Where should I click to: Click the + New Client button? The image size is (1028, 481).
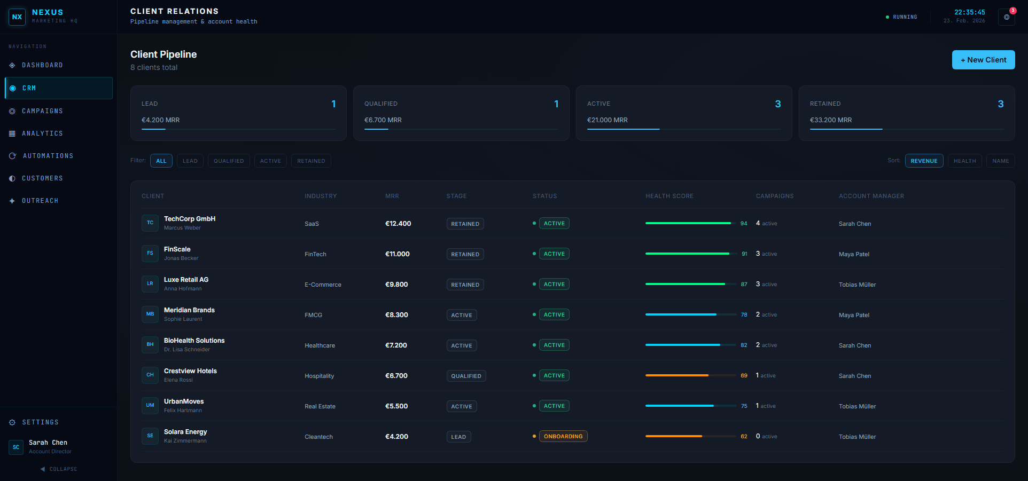coord(983,60)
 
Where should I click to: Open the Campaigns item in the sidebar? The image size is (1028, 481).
coord(42,111)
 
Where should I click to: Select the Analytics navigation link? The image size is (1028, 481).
coord(42,133)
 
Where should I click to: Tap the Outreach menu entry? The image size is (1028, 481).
coord(40,201)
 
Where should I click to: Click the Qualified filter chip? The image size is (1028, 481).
coord(229,161)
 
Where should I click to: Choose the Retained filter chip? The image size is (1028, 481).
coord(311,161)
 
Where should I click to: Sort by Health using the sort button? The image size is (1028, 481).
coord(964,161)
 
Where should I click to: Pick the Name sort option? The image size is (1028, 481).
coord(1000,161)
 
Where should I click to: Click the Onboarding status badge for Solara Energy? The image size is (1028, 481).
coord(563,436)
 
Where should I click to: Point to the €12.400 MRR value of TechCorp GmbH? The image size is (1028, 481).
coord(398,224)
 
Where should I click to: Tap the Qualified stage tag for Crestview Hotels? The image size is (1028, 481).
coord(466,376)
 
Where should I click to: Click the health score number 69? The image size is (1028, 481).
coord(744,376)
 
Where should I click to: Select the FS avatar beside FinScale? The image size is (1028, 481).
coord(150,253)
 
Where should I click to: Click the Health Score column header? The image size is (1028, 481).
coord(669,196)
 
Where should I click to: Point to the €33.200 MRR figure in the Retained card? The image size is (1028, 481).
coord(831,120)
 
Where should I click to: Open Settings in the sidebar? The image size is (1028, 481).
coord(40,422)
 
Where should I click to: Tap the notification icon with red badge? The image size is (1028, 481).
coord(1007,17)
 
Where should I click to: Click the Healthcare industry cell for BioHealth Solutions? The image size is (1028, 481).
coord(320,345)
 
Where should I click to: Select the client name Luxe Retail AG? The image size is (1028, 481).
coord(186,280)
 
